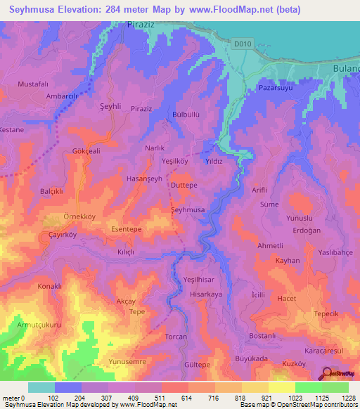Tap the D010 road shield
tap(242, 44)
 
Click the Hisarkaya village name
tap(206, 294)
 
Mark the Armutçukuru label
tap(40, 325)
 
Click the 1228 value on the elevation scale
tap(348, 398)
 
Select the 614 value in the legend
tap(187, 398)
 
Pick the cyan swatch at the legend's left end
tap(41, 387)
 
